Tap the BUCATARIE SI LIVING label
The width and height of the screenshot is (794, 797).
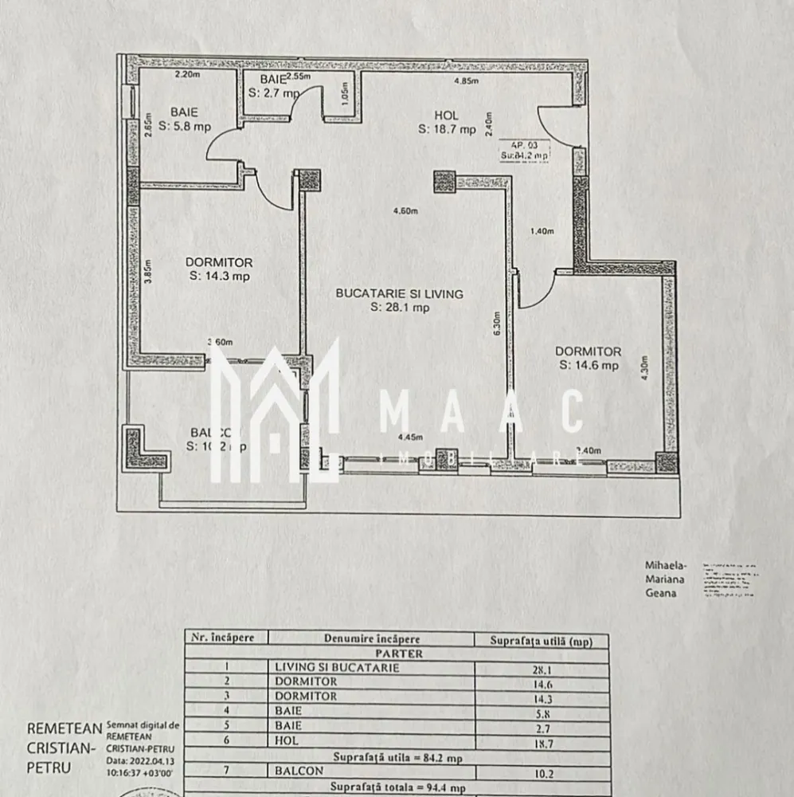(x=399, y=293)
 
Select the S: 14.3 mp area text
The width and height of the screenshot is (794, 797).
(x=219, y=277)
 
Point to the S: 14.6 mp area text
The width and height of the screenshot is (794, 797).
(x=588, y=365)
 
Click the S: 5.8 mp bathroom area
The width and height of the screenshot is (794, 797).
(x=183, y=127)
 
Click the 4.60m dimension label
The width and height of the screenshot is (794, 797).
(x=405, y=211)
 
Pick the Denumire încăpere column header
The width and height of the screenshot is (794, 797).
(x=371, y=638)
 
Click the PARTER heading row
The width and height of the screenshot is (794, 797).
(x=396, y=654)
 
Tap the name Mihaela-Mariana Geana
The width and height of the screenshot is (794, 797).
(x=663, y=579)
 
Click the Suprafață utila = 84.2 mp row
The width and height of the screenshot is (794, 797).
(x=396, y=757)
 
